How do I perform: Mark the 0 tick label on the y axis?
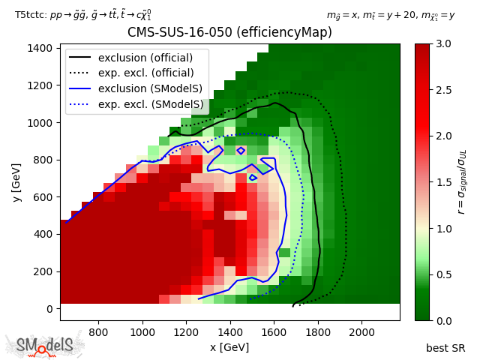(x=49, y=309)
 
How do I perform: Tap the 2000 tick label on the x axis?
(x=362, y=331)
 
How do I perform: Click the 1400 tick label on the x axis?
(x=229, y=331)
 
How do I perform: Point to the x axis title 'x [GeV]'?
(x=229, y=347)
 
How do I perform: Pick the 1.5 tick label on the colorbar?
(x=442, y=182)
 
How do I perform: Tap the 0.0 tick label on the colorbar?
(x=442, y=320)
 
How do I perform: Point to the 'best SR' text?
(x=445, y=348)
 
